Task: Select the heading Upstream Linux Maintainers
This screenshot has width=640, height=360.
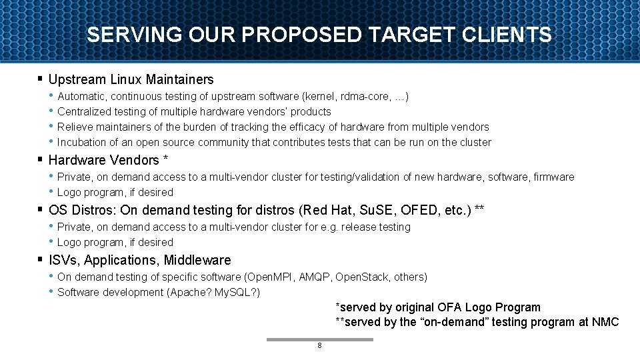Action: pos(131,79)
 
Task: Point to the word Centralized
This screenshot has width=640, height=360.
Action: pos(83,111)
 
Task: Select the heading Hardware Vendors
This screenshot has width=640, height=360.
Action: pos(105,160)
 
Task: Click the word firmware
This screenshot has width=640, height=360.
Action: pos(553,177)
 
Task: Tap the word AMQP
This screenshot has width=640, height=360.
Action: pos(313,277)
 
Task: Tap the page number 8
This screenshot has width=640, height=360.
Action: pos(320,345)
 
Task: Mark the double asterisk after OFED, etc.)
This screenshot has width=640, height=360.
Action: pos(479,209)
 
